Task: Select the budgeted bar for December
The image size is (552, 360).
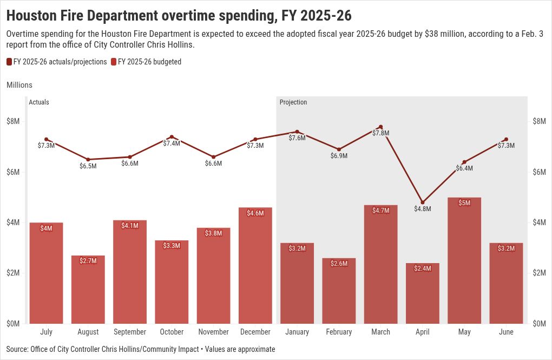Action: [255, 265]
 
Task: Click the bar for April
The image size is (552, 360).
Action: [423, 293]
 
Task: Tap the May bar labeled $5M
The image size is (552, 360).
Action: [464, 260]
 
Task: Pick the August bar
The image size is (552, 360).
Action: [88, 290]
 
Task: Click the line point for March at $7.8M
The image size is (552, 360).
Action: [381, 127]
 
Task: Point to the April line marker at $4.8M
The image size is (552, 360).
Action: [423, 202]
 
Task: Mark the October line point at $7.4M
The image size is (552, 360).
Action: [172, 137]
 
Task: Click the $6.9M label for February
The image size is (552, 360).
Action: [339, 156]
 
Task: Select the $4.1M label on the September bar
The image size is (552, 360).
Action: [130, 225]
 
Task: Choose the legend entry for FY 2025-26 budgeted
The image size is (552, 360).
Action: [146, 62]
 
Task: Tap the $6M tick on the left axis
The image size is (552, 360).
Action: [13, 172]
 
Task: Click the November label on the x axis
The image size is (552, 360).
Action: [214, 332]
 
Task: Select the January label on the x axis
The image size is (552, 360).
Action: [297, 332]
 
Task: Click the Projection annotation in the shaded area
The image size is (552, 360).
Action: [293, 102]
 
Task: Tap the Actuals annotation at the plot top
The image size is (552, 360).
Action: [39, 102]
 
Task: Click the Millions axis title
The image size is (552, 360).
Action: [19, 85]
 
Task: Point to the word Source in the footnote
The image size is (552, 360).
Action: [17, 349]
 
